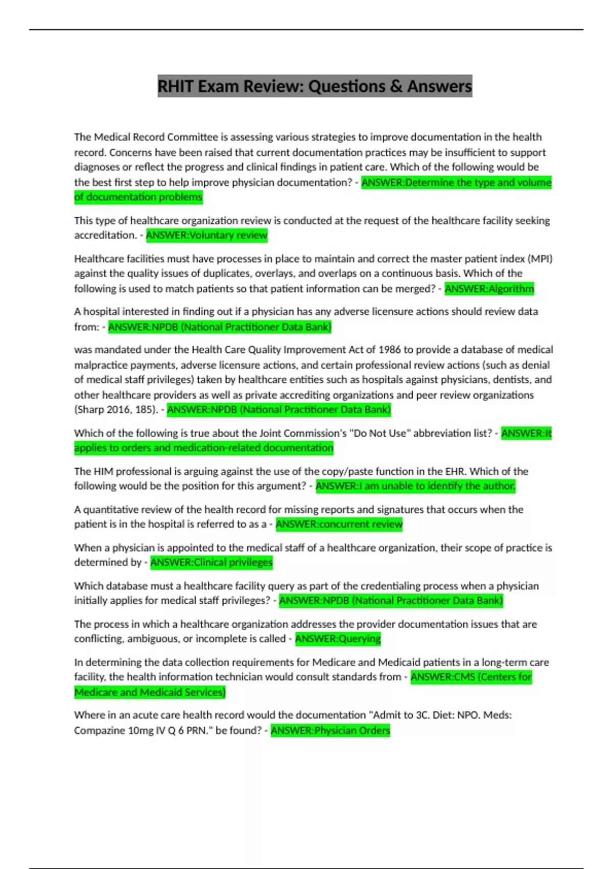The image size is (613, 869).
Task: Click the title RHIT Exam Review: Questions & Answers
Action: click(x=315, y=86)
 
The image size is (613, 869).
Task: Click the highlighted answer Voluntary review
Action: click(x=206, y=235)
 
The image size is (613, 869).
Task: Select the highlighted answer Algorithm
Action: click(x=489, y=289)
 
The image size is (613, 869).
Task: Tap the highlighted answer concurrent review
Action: click(x=339, y=524)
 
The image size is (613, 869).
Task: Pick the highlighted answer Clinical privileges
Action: click(x=211, y=562)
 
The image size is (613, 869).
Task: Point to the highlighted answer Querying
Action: click(x=338, y=638)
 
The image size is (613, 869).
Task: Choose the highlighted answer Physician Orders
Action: click(x=330, y=730)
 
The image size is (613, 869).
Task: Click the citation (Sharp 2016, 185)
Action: click(x=116, y=409)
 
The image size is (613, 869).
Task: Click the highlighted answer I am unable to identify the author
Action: click(x=415, y=486)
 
